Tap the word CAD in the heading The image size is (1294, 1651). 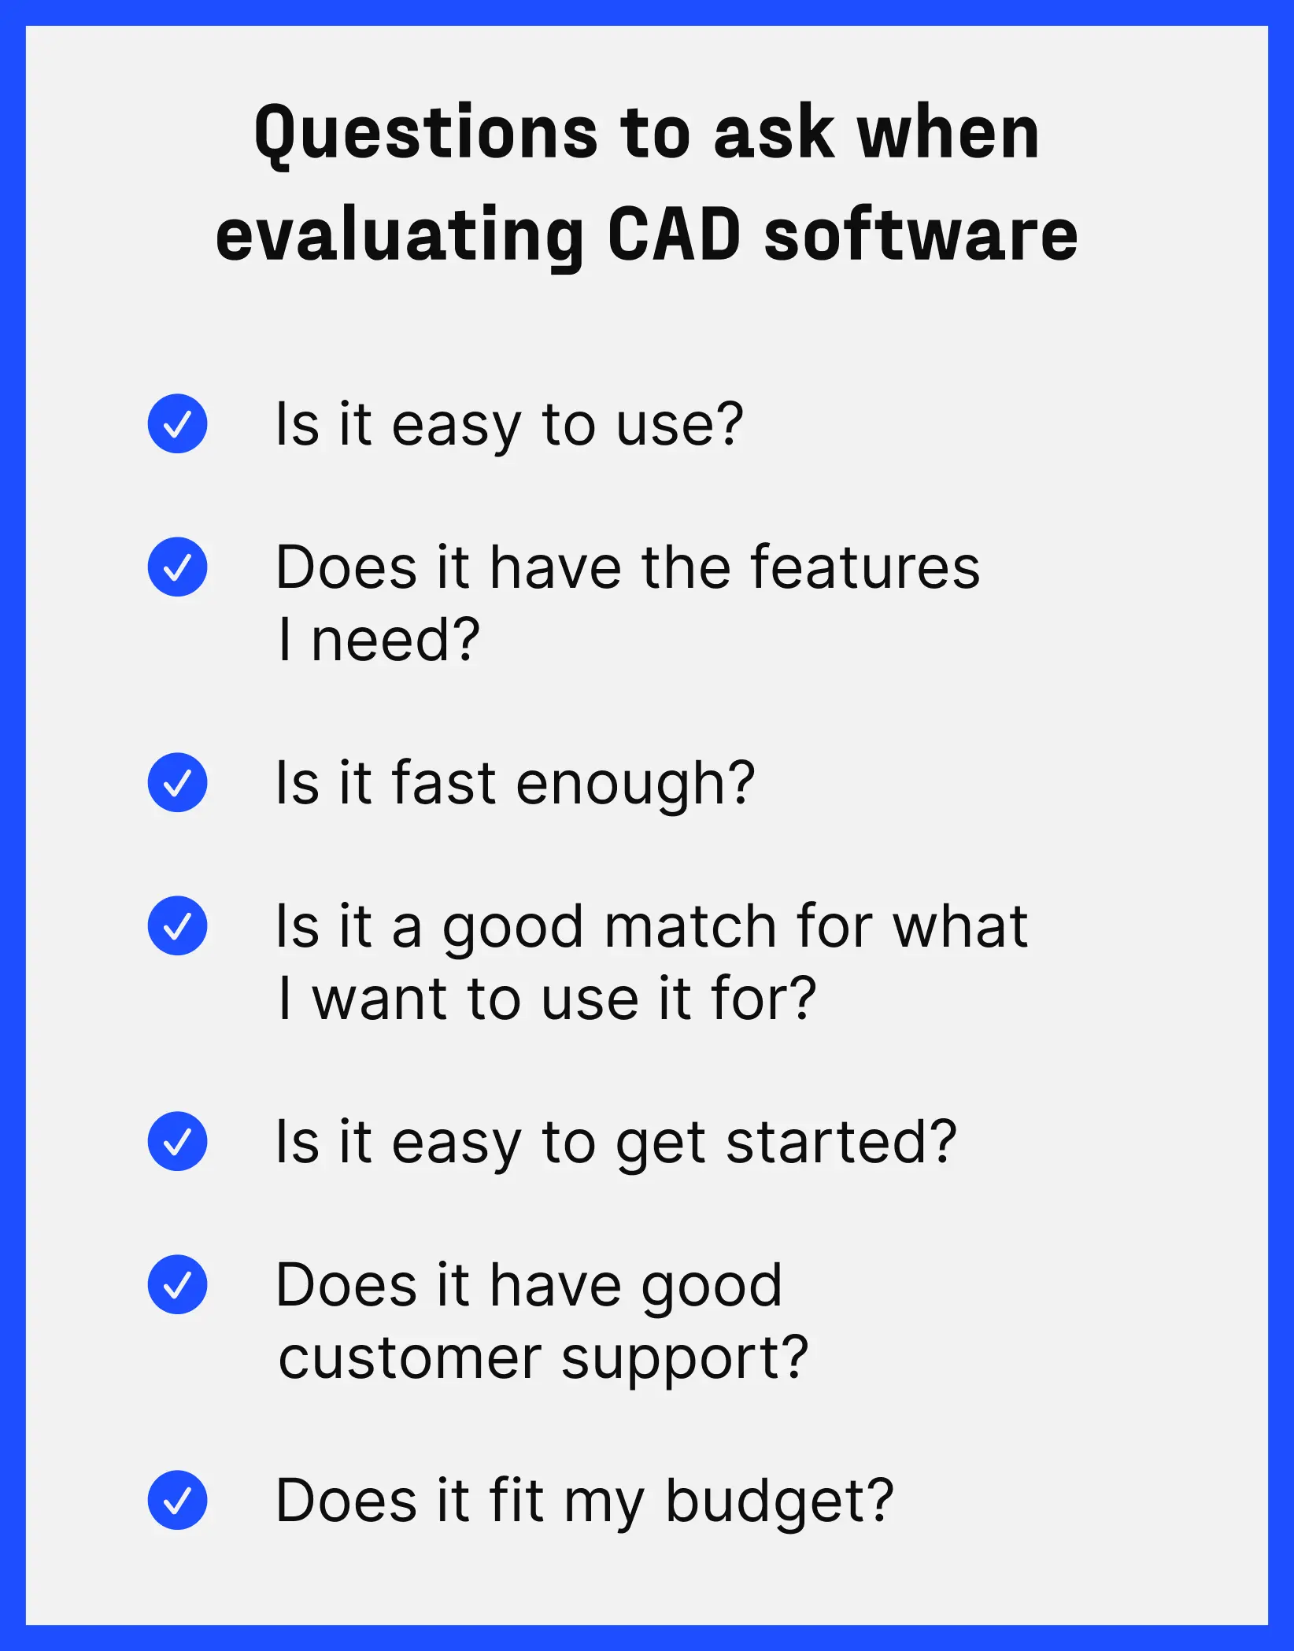674,235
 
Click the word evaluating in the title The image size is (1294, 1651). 399,238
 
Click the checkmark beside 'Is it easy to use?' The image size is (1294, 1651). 177,423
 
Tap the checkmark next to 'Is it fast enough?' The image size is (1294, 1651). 177,782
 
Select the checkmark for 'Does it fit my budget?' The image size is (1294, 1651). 177,1500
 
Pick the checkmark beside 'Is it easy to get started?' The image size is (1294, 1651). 177,1141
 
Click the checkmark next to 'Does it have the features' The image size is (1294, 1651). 177,567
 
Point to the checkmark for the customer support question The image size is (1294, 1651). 177,1284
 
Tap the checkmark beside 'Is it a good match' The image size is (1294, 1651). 177,925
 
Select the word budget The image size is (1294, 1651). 778,1501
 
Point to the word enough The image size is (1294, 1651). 634,785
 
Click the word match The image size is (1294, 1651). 690,926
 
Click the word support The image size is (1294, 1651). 683,1360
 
